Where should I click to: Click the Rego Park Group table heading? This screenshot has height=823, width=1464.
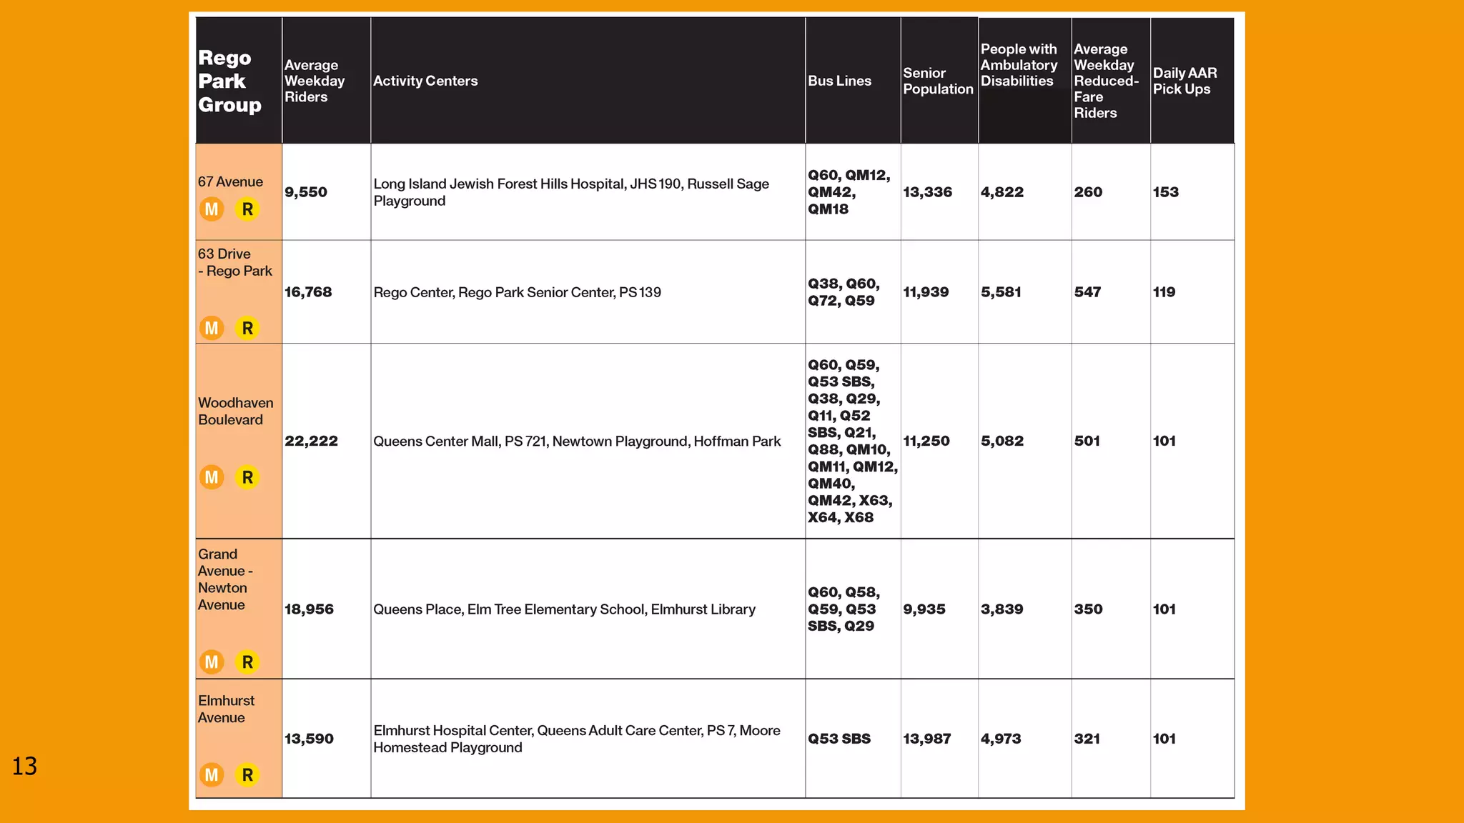pos(229,81)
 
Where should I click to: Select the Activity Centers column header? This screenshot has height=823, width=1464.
pos(425,81)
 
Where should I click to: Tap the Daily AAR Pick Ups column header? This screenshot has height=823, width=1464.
pos(1184,81)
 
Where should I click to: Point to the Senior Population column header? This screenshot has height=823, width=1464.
pos(938,81)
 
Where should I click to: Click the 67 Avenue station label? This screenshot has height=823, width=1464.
pos(230,182)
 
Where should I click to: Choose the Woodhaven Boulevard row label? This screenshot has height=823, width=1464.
pos(235,411)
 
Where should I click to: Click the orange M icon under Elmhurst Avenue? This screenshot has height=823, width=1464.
pos(212,775)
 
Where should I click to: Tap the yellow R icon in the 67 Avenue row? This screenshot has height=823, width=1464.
pos(247,209)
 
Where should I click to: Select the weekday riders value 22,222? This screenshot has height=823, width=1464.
pos(311,442)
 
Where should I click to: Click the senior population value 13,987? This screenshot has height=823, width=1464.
pos(926,739)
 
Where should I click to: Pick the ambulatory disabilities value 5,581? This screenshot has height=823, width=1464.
pos(1001,292)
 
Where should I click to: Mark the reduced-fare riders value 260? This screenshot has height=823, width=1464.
pos(1088,192)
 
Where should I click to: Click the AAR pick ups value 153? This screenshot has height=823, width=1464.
pos(1165,192)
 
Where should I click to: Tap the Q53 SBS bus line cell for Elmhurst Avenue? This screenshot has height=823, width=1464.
pos(839,739)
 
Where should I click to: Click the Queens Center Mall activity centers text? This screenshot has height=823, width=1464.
pos(577,442)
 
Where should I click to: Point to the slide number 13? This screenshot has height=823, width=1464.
pos(24,767)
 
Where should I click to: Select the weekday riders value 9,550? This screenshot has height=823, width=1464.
pos(306,192)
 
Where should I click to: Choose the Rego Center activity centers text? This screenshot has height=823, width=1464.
pos(517,292)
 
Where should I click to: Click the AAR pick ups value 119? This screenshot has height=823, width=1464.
pos(1164,292)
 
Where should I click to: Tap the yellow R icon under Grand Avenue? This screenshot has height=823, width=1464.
pos(247,662)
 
